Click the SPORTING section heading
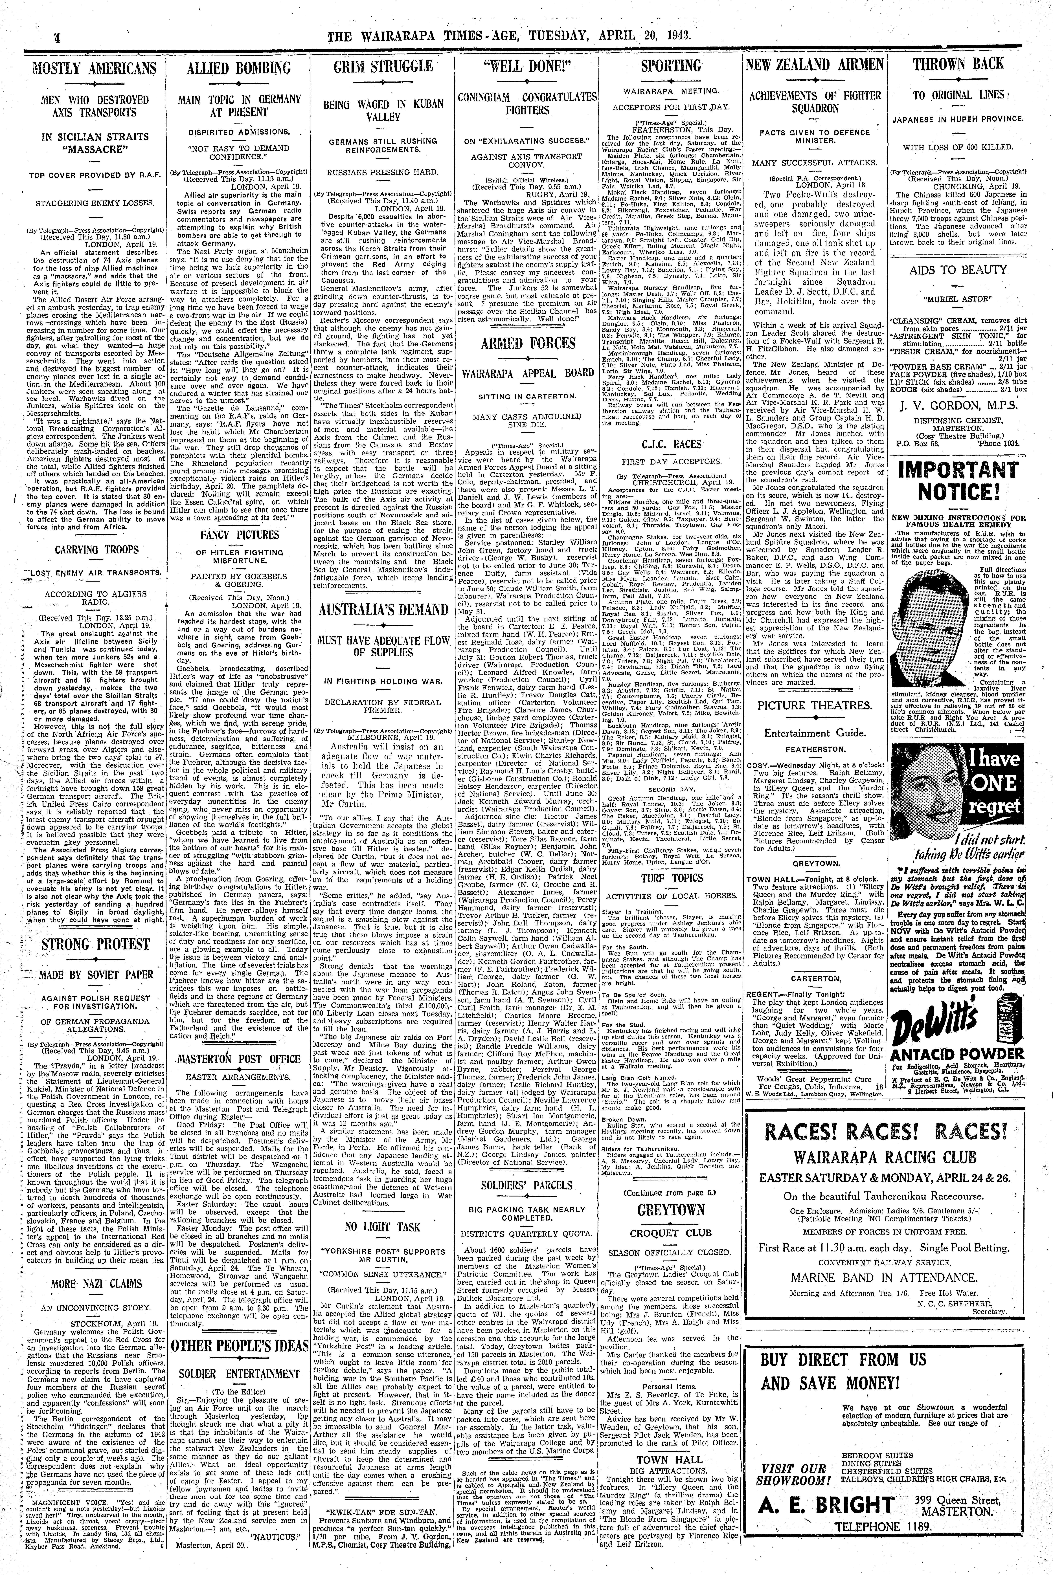(671, 67)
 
